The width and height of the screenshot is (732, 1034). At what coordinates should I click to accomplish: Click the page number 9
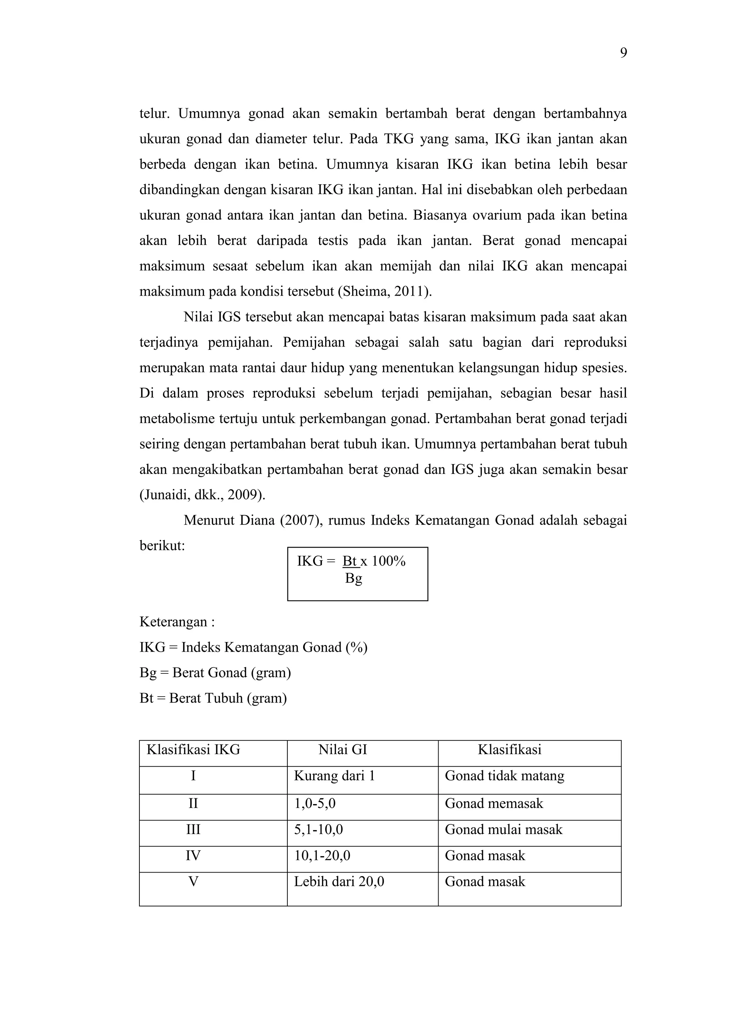[623, 53]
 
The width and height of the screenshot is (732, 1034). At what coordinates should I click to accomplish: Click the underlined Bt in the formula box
[350, 561]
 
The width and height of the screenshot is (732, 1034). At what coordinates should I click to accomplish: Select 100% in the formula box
[389, 561]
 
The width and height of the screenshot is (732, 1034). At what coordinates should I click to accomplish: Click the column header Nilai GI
[342, 749]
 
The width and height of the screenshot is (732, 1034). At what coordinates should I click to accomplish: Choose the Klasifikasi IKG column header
[193, 749]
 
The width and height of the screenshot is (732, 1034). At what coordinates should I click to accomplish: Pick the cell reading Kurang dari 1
[335, 775]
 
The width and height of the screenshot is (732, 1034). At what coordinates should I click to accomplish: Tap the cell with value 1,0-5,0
[315, 803]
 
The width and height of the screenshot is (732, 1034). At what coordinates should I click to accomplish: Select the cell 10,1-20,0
[322, 856]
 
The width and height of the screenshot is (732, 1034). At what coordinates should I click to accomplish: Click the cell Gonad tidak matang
[504, 775]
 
